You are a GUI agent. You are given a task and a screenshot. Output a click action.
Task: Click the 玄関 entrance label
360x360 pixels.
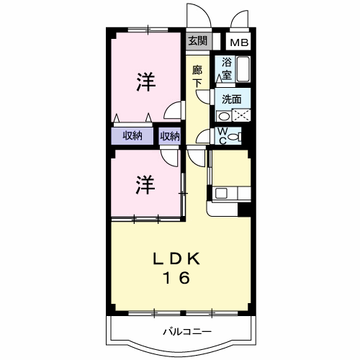click(198, 41)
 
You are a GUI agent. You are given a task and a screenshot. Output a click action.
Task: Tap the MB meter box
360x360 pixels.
click(239, 42)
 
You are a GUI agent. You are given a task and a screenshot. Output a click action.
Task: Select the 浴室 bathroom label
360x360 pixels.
click(227, 68)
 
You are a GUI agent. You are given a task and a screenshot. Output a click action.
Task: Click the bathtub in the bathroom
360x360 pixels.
click(243, 71)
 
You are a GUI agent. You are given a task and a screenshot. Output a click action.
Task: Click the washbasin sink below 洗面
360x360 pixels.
click(224, 115)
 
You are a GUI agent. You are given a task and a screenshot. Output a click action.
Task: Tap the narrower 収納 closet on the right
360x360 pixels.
click(170, 136)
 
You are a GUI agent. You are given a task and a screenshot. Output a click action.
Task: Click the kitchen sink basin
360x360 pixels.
click(220, 193)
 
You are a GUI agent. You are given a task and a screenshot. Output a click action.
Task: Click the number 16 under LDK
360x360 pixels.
click(175, 278)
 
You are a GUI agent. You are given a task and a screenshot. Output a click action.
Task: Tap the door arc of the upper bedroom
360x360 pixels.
click(171, 111)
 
